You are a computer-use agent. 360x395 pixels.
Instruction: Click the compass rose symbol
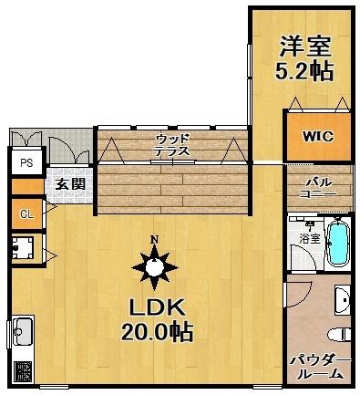[x=155, y=267]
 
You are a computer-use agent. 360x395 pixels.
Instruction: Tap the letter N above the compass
[x=155, y=241]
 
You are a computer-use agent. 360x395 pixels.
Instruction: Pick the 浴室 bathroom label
[x=308, y=238]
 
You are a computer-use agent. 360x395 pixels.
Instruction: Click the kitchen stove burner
[x=22, y=370]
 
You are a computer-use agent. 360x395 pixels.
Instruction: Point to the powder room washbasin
[x=342, y=297]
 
